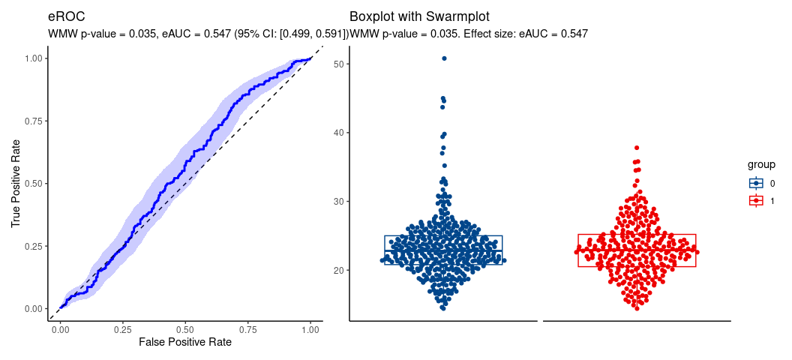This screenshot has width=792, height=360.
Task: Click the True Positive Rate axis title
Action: (x=16, y=183)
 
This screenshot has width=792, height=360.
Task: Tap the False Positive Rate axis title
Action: (x=185, y=342)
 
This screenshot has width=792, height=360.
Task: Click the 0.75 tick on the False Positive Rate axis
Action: (x=248, y=328)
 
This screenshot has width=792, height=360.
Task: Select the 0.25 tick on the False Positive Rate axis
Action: (x=122, y=328)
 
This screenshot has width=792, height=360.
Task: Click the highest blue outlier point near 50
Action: (x=444, y=58)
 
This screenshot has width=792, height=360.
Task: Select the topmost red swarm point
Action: (x=637, y=148)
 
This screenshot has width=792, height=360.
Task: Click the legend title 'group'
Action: (x=761, y=164)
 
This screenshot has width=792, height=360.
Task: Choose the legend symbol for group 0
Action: (x=756, y=183)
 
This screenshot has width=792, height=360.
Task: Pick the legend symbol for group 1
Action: (x=756, y=200)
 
